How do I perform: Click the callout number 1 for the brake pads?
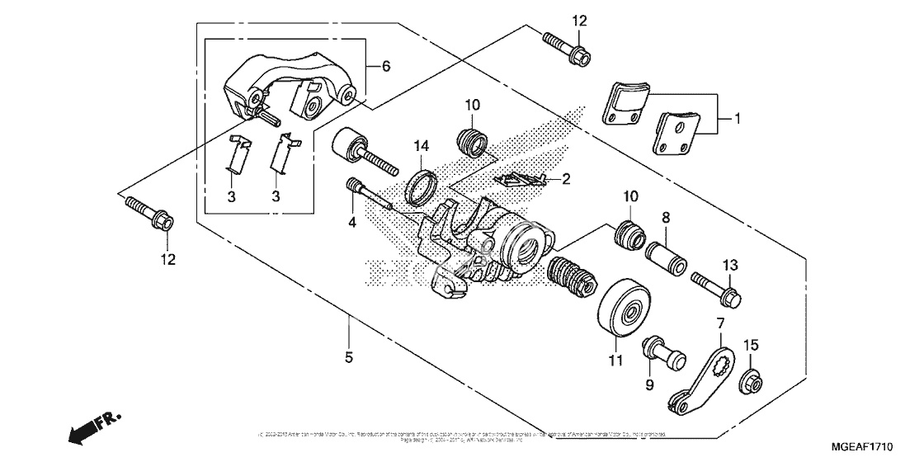tap(738, 119)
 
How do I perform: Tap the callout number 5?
tap(349, 358)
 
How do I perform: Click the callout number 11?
tap(612, 360)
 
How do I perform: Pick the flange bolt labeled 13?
tap(715, 285)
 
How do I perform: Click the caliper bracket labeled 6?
tap(293, 87)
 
